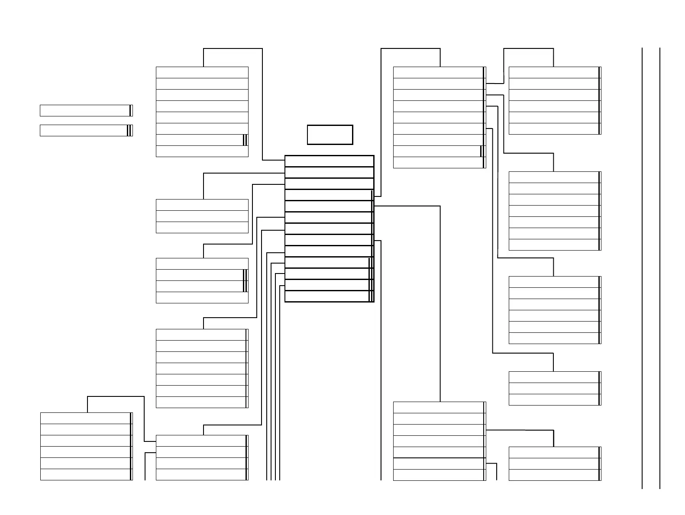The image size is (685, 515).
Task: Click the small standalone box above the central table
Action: point(330,135)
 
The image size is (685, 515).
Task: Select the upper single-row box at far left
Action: point(86,110)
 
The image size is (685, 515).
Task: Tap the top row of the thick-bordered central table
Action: point(329,161)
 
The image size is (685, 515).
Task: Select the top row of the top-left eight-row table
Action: point(202,72)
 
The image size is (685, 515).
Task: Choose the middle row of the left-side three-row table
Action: point(202,216)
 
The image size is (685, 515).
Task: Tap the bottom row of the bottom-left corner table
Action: point(86,475)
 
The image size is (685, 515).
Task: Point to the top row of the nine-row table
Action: point(439,72)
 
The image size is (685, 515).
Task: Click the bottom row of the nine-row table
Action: point(439,162)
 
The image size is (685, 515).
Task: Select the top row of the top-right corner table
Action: point(554,72)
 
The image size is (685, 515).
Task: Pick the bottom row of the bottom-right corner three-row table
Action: point(554,475)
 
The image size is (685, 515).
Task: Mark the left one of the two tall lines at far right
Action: point(642,268)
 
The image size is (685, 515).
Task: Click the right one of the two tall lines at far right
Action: point(660,268)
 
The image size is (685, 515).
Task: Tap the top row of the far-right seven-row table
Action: point(554,177)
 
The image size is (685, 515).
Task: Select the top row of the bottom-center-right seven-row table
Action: point(439,407)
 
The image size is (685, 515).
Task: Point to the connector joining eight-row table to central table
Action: point(262,104)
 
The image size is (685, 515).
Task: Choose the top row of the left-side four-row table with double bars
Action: point(202,264)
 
